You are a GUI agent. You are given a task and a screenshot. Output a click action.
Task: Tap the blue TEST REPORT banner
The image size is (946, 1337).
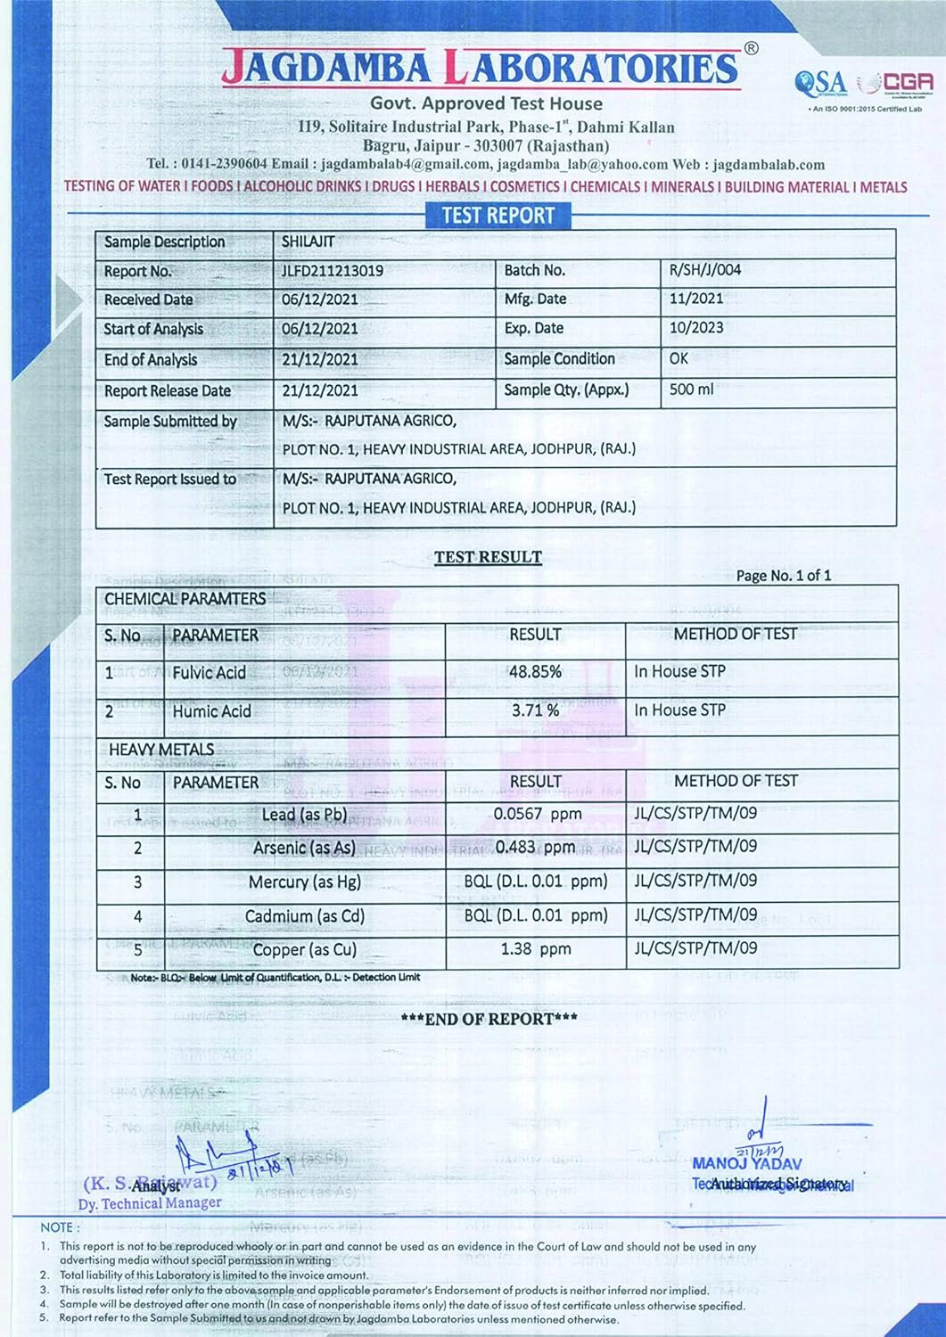tap(498, 215)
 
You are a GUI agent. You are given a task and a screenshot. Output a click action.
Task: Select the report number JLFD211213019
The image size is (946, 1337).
tap(333, 270)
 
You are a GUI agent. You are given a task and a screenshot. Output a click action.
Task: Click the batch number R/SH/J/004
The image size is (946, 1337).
tap(704, 269)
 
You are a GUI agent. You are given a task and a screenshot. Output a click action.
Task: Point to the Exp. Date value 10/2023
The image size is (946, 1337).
tap(695, 327)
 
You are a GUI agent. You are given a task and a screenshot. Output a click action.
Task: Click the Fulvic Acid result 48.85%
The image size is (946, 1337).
tap(535, 672)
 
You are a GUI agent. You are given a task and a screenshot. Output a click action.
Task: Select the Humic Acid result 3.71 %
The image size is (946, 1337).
tap(535, 710)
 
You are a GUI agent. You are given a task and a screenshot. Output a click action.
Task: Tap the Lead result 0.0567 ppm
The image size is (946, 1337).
tap(537, 814)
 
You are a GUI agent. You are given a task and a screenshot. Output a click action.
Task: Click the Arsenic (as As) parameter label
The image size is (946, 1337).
tap(303, 848)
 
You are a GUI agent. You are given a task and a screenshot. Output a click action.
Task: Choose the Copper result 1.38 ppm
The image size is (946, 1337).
tap(535, 949)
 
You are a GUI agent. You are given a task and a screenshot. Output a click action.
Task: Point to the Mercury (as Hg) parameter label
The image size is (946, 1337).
tap(304, 882)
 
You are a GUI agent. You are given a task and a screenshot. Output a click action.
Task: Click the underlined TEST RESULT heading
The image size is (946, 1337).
tap(488, 557)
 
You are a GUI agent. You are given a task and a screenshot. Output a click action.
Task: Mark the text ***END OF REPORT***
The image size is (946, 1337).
tap(489, 1019)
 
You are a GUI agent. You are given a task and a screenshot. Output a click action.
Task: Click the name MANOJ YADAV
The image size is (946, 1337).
tap(746, 1163)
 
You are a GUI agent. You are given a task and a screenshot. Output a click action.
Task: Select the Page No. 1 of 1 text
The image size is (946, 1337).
tap(783, 576)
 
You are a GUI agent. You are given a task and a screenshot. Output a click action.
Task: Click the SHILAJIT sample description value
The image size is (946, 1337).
tap(308, 242)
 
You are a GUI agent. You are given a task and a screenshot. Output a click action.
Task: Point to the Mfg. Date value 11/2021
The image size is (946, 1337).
tap(695, 299)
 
